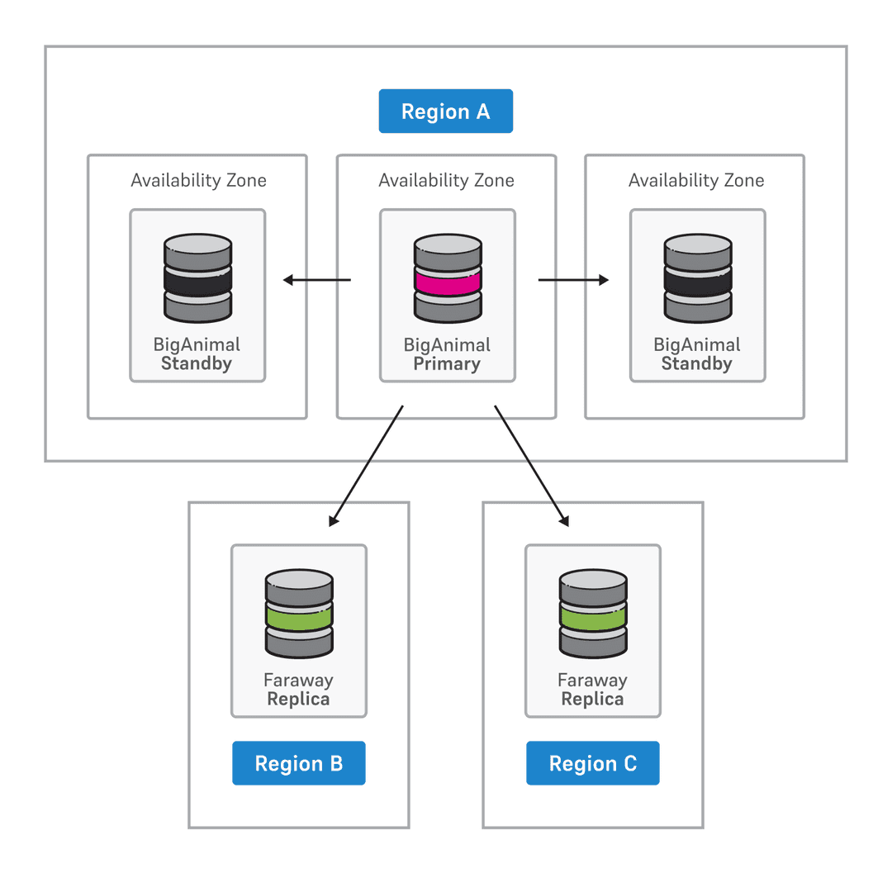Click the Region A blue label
point(445,111)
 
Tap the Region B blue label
point(298,763)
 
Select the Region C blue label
point(592,763)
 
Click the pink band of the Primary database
point(447,282)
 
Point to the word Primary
point(447,364)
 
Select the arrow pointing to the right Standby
point(573,280)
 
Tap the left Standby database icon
point(197,278)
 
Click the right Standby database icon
point(697,278)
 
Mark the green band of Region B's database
point(298,614)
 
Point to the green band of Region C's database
point(592,614)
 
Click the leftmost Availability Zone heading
point(198,180)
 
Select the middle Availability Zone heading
point(446,180)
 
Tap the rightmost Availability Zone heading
point(696,180)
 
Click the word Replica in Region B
point(298,700)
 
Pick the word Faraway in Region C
point(592,681)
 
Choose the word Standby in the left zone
point(197,364)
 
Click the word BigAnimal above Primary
point(447,344)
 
